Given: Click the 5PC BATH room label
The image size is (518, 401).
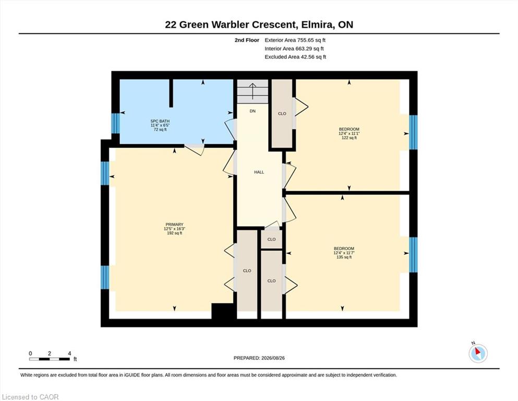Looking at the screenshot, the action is [x=160, y=121].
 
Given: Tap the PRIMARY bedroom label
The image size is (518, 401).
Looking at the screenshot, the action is [x=174, y=225].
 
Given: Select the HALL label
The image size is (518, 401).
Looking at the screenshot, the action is [x=259, y=172].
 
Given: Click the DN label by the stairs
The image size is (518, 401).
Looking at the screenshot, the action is [x=252, y=111].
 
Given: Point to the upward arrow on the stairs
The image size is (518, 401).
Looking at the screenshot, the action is [x=252, y=91].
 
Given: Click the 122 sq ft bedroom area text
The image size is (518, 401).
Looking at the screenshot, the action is [x=349, y=138].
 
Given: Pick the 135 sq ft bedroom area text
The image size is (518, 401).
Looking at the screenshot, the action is [x=344, y=257].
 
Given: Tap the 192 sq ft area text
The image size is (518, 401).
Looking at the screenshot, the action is [x=174, y=233].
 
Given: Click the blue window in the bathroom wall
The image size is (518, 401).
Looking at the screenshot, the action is [x=115, y=123].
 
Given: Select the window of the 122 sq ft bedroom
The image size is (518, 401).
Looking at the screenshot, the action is [x=413, y=132].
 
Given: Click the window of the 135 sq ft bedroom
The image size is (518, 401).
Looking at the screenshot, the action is [x=413, y=255].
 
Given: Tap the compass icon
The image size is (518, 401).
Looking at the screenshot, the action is [x=478, y=353].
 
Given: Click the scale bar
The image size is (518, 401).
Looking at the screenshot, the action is [x=50, y=359].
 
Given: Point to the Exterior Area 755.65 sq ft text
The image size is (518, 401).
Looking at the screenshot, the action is [x=295, y=40].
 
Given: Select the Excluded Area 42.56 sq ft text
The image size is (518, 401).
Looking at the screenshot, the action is [x=295, y=57].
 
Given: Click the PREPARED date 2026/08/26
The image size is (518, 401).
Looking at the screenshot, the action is [x=259, y=358].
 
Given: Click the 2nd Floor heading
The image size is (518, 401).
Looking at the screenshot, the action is [x=247, y=40].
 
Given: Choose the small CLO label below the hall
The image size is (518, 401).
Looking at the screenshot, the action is [x=272, y=239].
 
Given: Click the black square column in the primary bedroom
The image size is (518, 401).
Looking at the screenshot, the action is [x=224, y=311].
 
